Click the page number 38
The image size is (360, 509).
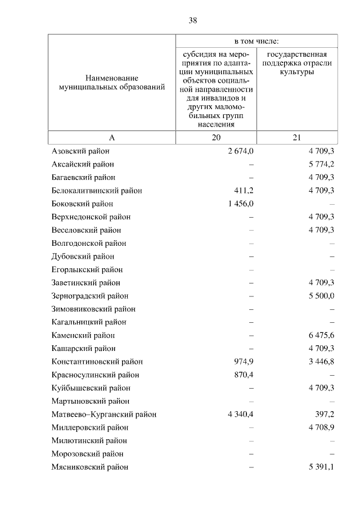(192, 21)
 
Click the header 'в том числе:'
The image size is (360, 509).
(256, 41)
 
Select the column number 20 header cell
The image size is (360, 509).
(217, 138)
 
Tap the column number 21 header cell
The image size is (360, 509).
(297, 138)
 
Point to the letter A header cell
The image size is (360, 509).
(111, 138)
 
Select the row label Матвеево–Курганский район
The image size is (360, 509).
(103, 415)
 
